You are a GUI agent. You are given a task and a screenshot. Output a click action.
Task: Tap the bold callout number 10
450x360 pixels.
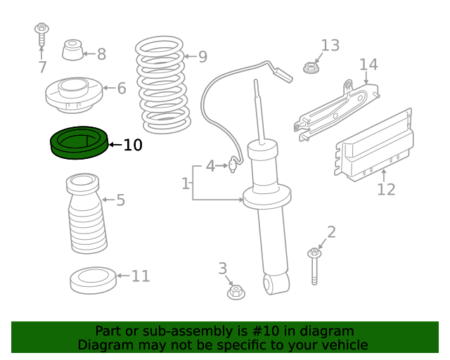[133, 145]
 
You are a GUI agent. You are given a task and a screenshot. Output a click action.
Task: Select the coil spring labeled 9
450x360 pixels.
[162, 85]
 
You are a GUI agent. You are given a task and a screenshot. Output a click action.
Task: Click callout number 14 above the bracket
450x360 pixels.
[368, 65]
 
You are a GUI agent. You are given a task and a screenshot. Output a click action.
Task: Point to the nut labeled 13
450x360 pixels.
[311, 67]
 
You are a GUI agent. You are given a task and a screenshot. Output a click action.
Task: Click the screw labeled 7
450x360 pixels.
[41, 34]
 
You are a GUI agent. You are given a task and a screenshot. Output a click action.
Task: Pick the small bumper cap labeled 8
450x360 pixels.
[72, 50]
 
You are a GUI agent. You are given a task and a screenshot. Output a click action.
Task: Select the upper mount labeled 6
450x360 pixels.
[74, 95]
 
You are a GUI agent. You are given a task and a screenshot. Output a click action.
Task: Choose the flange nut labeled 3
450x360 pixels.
[236, 292]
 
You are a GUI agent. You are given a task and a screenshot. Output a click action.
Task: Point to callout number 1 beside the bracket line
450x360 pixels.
[186, 183]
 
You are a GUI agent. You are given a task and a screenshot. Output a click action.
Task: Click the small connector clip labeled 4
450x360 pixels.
[233, 165]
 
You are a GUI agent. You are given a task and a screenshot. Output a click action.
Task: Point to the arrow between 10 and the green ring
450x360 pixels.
[115, 145]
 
